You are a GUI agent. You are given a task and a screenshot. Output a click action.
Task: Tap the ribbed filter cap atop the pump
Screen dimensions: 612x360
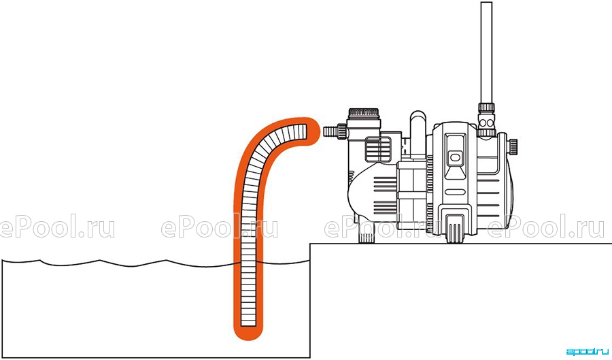pos(364,113)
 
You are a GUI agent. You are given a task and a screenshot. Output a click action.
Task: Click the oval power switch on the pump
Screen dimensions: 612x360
pos(454,158)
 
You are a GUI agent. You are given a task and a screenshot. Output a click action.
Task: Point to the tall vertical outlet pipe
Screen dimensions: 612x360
pos(486,52)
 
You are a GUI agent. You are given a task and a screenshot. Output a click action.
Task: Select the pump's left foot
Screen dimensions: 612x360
pos(367,234)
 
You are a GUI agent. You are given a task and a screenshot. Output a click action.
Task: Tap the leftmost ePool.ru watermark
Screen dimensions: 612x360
pos(57,227)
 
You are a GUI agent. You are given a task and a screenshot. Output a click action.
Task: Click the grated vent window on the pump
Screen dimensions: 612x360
pos(378,148)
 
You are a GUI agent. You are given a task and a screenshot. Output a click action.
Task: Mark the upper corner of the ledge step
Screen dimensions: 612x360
pos(310,244)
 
